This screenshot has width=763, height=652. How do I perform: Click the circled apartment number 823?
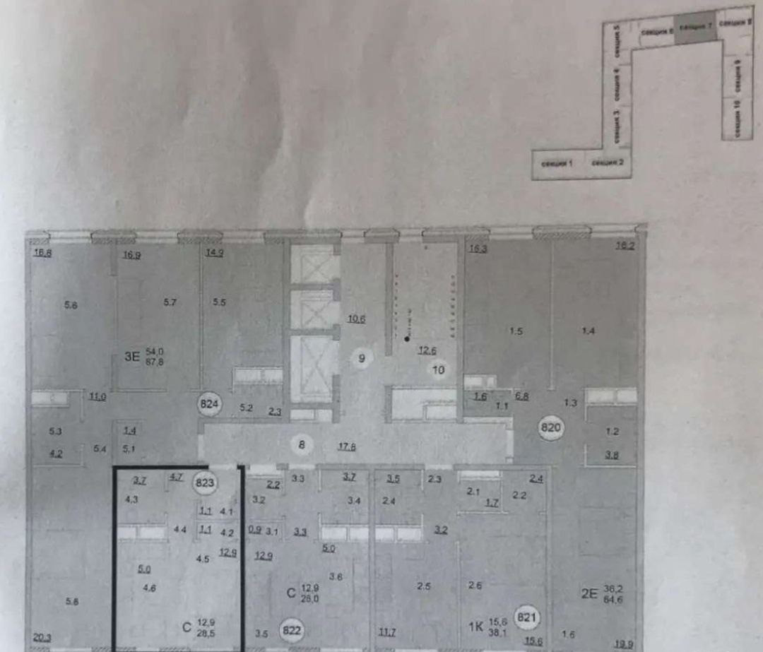pyautogui.click(x=206, y=483)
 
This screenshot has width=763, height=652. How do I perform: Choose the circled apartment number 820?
pyautogui.click(x=550, y=428)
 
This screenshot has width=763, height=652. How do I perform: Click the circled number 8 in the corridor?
pyautogui.click(x=302, y=444)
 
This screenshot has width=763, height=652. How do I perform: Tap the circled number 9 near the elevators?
pyautogui.click(x=361, y=358)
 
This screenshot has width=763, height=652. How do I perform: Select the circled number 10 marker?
pyautogui.click(x=438, y=369)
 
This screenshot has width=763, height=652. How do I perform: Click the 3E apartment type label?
pyautogui.click(x=131, y=357)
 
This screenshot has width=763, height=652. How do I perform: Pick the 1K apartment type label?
pyautogui.click(x=476, y=625)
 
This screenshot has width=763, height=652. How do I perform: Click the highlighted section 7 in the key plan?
pyautogui.click(x=694, y=27)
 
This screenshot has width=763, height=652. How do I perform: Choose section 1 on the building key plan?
pyautogui.click(x=557, y=164)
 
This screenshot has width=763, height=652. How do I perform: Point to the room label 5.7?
pyautogui.click(x=170, y=302)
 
